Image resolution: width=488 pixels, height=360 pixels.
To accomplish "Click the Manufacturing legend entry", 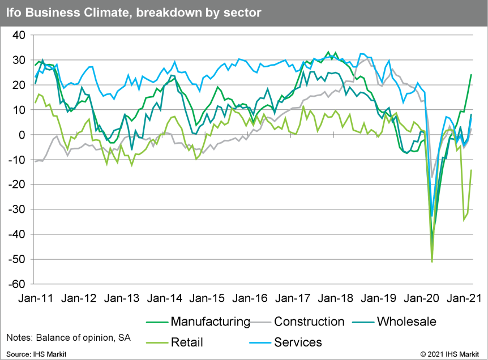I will click(210, 322).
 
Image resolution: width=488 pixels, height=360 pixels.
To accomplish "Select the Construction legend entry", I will click(309, 322).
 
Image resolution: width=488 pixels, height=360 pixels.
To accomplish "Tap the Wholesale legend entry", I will click(406, 322).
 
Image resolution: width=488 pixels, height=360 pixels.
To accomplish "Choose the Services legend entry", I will click(298, 342).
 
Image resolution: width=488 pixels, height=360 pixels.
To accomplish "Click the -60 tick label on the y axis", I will click(18, 284).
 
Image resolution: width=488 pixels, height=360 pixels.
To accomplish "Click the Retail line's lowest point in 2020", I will click(432, 262).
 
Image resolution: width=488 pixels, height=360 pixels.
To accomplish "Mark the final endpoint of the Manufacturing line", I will click(471, 75).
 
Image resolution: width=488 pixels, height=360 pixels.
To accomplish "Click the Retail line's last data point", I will click(471, 170).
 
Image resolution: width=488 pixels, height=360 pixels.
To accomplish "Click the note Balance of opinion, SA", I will click(69, 338).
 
